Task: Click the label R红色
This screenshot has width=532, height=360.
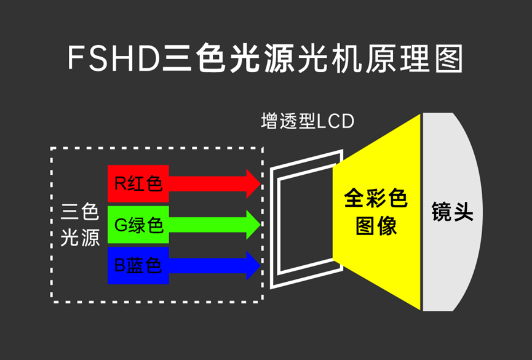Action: tap(138, 183)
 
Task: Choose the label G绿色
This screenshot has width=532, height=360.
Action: tap(138, 225)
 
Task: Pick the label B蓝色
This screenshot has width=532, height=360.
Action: tap(138, 266)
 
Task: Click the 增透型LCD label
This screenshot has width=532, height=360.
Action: tap(308, 121)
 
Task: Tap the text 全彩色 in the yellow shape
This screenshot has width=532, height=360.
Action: tap(376, 198)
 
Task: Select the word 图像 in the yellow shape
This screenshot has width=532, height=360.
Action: tap(376, 226)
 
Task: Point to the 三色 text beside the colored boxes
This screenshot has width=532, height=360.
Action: tap(81, 213)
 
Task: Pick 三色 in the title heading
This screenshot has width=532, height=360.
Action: tap(188, 60)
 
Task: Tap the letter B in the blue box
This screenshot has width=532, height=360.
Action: tap(120, 266)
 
